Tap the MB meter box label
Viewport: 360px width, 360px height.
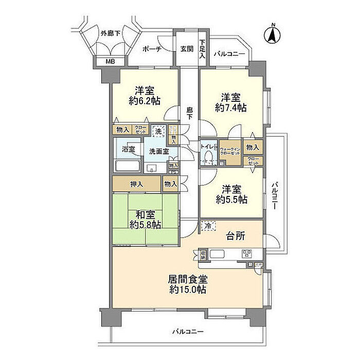110,62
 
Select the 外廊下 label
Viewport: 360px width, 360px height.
111,34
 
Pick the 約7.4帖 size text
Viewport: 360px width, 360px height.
230,108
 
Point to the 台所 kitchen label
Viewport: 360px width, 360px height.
236,236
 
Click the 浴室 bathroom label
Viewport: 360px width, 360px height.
129,150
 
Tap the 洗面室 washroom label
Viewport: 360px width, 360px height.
158,151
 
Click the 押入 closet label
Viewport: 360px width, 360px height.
136,184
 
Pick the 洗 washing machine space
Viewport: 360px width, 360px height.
159,131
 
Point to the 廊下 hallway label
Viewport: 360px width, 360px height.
190,113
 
